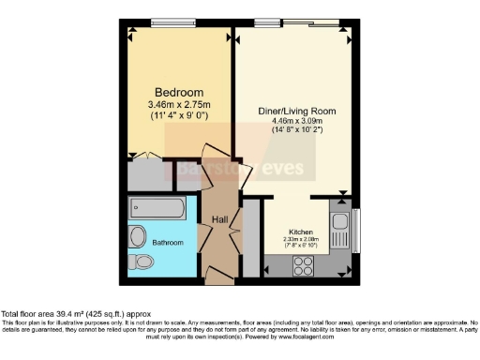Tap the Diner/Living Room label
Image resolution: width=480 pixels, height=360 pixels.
click(x=296, y=111)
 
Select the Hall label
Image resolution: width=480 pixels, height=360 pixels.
click(x=219, y=219)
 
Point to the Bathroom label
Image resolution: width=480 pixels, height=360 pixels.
click(x=168, y=243)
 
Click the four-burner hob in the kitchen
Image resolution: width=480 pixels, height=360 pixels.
click(x=303, y=265)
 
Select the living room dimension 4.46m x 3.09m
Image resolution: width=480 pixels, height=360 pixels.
click(x=296, y=121)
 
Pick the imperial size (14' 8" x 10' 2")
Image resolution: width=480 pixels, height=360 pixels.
click(x=296, y=130)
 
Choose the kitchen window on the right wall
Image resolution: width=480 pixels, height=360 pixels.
click(x=356, y=229)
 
